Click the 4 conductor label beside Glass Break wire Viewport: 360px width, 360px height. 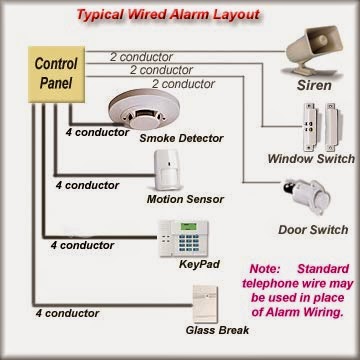(45, 314)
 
